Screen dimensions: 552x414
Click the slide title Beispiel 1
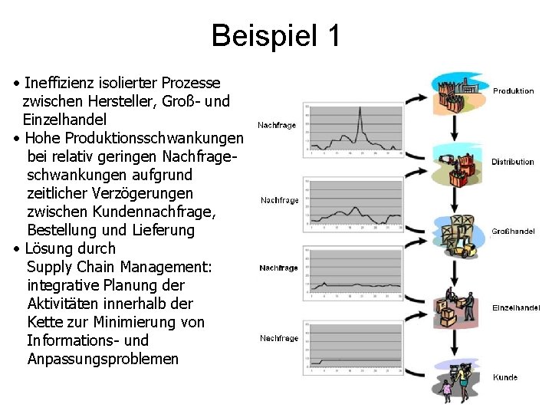pyautogui.click(x=275, y=35)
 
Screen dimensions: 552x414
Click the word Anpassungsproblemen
pyautogui.click(x=103, y=359)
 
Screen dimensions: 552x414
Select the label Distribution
pyautogui.click(x=512, y=162)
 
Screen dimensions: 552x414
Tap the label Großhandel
pyautogui.click(x=513, y=231)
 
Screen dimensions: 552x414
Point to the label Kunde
pyautogui.click(x=505, y=377)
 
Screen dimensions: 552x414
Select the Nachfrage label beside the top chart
pyautogui.click(x=277, y=125)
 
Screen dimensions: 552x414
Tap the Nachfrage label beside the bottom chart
pyautogui.click(x=279, y=338)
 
